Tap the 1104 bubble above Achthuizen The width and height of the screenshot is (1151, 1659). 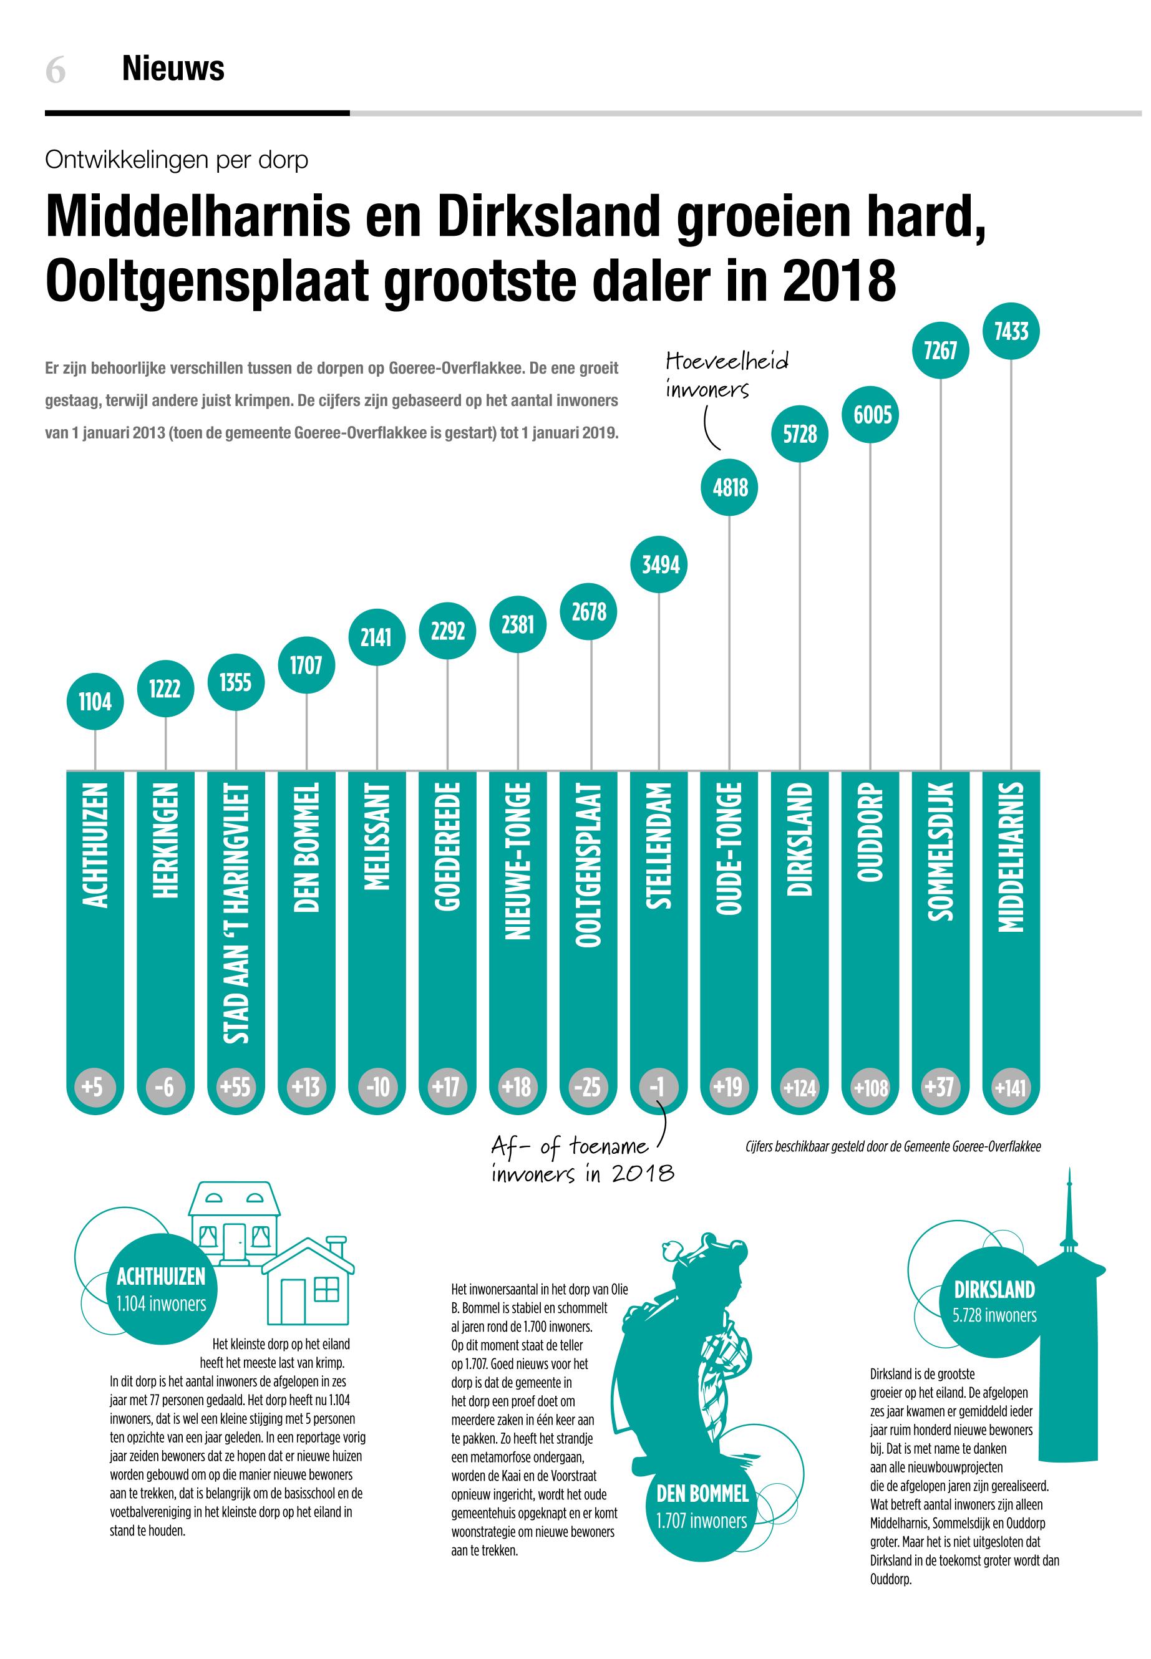pos(95,701)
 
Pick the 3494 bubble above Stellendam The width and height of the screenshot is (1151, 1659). pos(660,564)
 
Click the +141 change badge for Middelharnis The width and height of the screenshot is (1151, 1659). pos(1011,1086)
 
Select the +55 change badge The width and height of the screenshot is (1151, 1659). pos(236,1086)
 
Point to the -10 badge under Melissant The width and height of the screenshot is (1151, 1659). pos(377,1086)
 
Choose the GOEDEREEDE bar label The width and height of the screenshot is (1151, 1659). pos(448,846)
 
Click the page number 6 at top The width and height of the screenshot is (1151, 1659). pos(56,70)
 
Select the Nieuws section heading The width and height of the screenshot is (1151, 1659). pos(173,69)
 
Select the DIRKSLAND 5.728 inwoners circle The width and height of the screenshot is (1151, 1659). pos(994,1302)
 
